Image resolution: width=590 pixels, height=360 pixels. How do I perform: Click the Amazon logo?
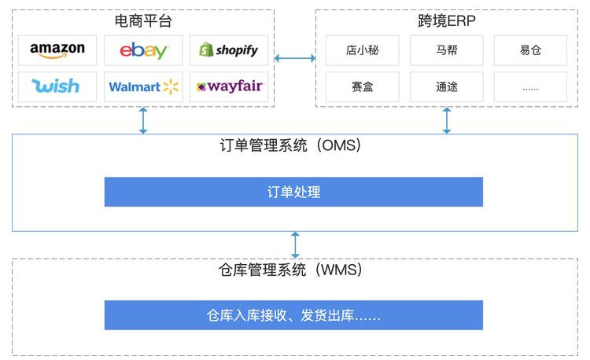click(57, 50)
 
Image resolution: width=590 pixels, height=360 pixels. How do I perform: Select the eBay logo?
click(143, 50)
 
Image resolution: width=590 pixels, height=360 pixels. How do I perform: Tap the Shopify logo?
click(229, 50)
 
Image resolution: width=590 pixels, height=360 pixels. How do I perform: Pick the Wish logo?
click(57, 86)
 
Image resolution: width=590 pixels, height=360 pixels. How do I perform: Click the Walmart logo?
click(143, 86)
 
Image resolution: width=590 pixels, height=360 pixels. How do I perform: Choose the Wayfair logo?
click(229, 86)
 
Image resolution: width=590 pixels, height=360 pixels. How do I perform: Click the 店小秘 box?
click(361, 51)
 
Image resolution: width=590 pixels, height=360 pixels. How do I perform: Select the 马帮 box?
click(446, 51)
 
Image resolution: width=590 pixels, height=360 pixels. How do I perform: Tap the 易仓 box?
click(531, 51)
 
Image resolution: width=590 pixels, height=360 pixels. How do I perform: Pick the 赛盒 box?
click(361, 86)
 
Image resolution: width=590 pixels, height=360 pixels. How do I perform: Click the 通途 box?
click(446, 86)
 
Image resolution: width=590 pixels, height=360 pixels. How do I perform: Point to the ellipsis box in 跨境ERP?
click(531, 86)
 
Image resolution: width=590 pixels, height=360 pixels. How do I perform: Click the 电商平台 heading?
click(142, 19)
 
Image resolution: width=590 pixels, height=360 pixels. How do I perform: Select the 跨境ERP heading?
click(446, 19)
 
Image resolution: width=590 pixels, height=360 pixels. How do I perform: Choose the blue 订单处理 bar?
click(293, 192)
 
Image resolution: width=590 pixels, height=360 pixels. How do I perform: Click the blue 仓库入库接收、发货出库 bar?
click(293, 315)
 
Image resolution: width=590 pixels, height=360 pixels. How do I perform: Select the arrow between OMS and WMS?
click(295, 244)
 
